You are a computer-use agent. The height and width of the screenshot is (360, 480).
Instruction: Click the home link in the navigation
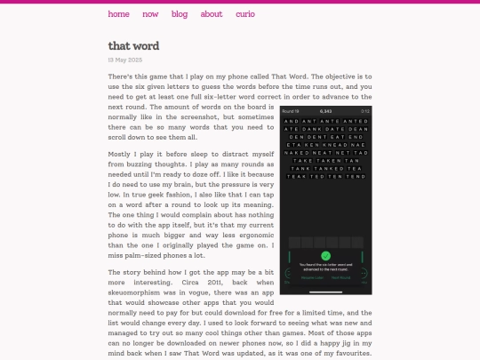click(x=118, y=14)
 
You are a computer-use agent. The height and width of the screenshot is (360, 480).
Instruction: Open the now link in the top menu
click(x=150, y=14)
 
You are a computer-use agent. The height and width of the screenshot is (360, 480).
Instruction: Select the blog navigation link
click(x=180, y=14)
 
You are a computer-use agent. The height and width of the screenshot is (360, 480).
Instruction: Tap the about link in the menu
click(x=212, y=14)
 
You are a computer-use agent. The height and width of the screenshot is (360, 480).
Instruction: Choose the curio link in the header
click(x=245, y=14)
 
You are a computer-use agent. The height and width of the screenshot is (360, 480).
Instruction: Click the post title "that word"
click(x=134, y=45)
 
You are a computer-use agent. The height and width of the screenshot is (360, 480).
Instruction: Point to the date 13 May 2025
click(x=125, y=60)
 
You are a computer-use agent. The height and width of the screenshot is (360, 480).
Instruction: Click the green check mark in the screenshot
click(x=324, y=255)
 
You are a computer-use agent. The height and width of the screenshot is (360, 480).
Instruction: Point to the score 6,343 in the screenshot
click(x=324, y=111)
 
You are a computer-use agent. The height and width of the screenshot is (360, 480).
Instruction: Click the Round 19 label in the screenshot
click(x=292, y=111)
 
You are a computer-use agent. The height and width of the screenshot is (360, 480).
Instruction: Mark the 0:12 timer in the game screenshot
click(x=364, y=111)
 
